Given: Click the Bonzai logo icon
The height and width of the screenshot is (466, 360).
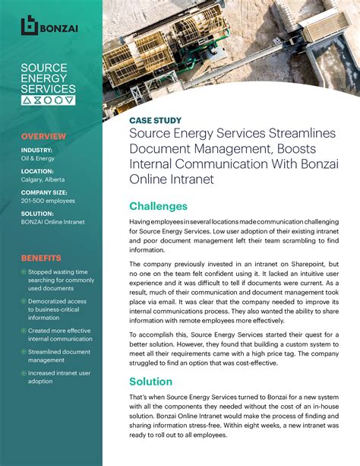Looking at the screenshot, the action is click(30, 26).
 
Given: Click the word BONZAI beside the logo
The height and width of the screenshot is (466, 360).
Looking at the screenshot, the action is click(60, 27).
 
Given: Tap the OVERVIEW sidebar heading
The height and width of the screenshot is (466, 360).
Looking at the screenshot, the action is click(43, 136).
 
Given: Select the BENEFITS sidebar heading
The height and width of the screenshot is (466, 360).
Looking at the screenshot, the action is click(41, 258).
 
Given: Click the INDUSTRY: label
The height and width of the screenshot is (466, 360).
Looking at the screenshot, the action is click(36, 150).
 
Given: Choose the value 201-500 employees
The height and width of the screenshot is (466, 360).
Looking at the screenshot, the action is click(48, 201).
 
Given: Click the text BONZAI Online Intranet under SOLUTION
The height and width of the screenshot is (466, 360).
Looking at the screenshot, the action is click(53, 221).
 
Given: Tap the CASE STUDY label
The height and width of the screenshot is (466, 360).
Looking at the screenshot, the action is click(155, 120).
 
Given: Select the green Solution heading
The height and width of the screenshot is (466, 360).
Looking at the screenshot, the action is click(150, 381).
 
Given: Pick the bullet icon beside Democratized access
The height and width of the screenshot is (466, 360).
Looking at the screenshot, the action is click(24, 302).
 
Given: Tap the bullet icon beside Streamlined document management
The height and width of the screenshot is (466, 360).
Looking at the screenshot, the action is click(24, 352).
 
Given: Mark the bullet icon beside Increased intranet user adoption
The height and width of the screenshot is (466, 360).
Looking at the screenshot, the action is click(24, 373).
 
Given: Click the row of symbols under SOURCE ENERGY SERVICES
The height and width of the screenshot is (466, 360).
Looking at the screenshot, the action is click(48, 100).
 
